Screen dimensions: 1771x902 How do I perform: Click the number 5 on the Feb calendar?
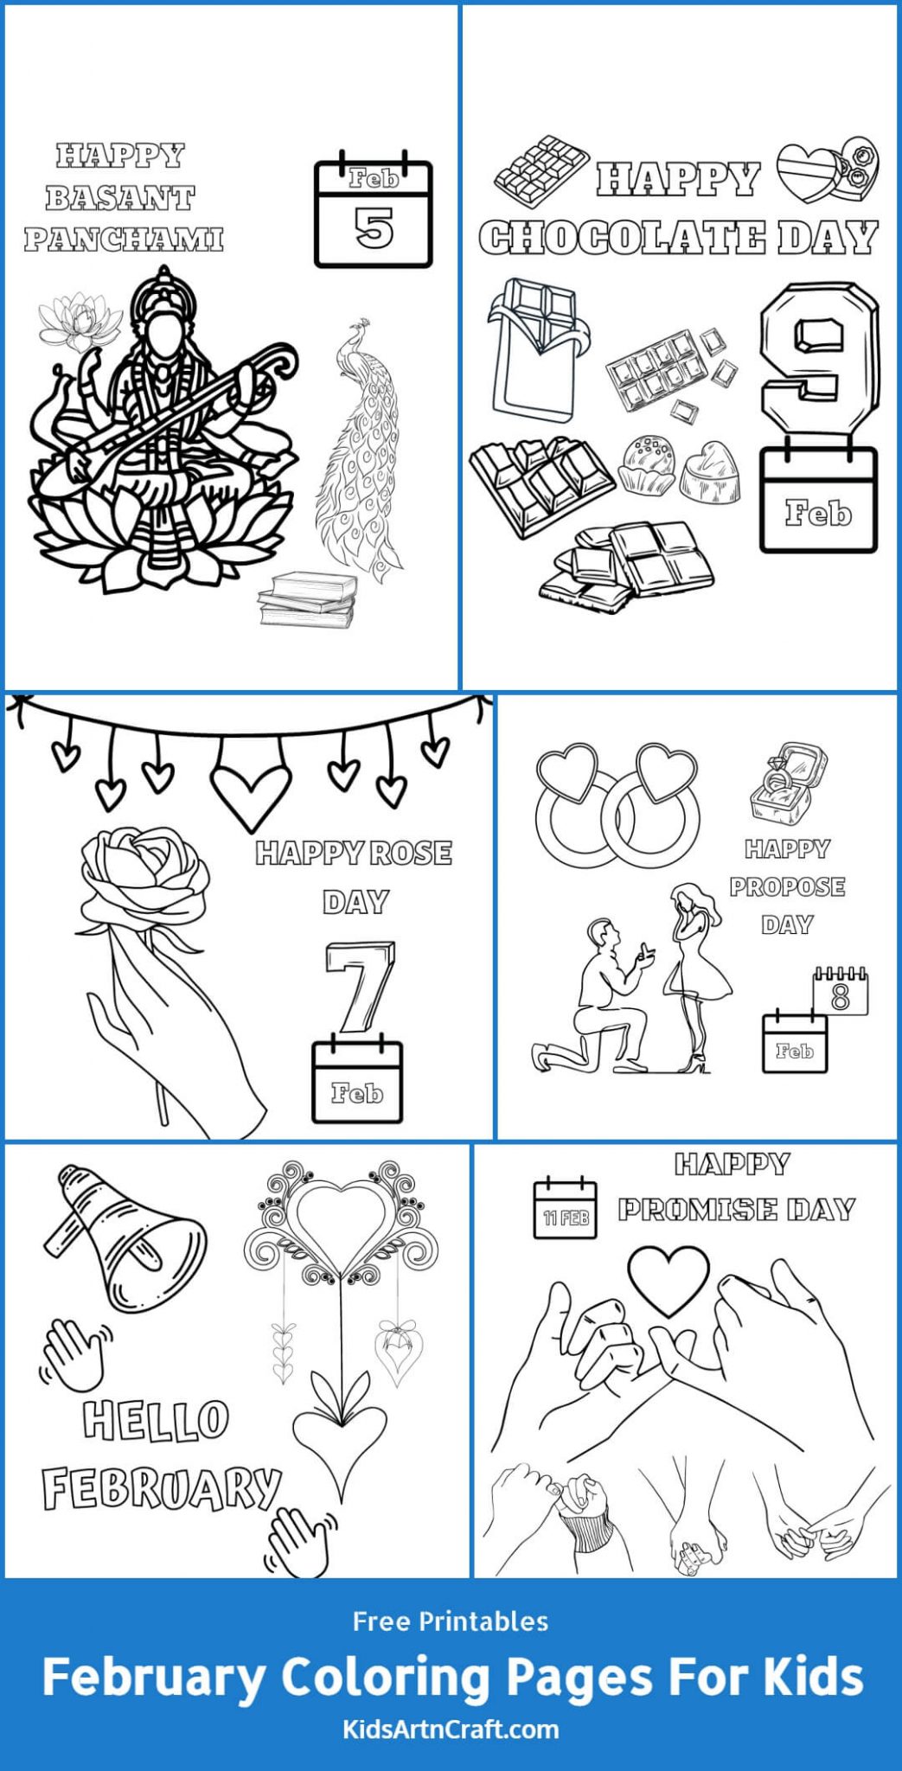pyautogui.click(x=374, y=228)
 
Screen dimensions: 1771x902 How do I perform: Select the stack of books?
pyautogui.click(x=309, y=598)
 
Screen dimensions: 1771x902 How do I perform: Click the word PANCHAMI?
pyautogui.click(x=124, y=239)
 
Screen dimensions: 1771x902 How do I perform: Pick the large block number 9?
pyautogui.click(x=817, y=359)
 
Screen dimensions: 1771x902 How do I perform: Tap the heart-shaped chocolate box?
pyautogui.click(x=826, y=169)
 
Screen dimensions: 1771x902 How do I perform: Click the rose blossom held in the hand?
pyautogui.click(x=145, y=873)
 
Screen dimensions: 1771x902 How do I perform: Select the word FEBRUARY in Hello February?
pyautogui.click(x=162, y=1487)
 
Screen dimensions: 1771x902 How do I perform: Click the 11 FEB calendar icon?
pyautogui.click(x=565, y=1209)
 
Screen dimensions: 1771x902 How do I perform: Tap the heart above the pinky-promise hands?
pyautogui.click(x=668, y=1278)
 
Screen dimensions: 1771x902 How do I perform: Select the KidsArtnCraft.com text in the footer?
pyautogui.click(x=451, y=1729)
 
